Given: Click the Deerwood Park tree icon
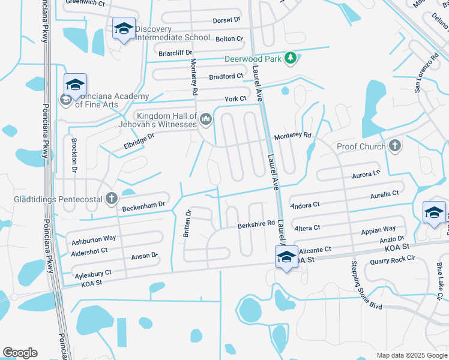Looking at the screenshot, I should (x=291, y=58).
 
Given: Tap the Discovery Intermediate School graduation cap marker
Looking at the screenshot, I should (x=124, y=28).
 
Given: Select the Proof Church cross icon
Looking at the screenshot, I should (x=394, y=145).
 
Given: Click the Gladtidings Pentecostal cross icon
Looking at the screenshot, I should (x=111, y=197).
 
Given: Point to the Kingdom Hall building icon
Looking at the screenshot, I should (x=206, y=119).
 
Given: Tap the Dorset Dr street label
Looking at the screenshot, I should (x=226, y=20).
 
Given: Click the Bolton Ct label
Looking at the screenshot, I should (x=229, y=39).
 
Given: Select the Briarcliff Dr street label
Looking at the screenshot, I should (x=174, y=52).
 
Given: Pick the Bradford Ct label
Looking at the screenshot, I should (x=226, y=76).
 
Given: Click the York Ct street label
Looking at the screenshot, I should (x=235, y=98).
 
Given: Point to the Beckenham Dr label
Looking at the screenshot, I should (x=143, y=206).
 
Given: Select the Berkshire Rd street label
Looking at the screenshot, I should (x=256, y=224).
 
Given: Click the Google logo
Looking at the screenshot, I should (x=20, y=353).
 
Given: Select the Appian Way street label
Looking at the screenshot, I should (x=378, y=230).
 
